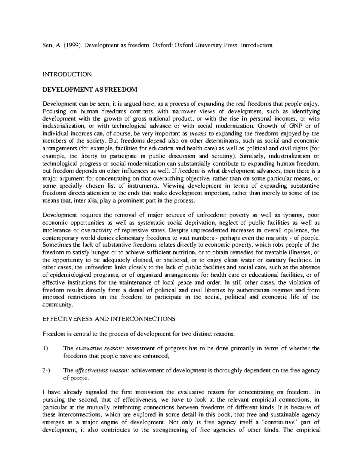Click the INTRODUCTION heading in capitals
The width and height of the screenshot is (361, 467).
tap(67, 74)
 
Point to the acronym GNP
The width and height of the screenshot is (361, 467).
tap(296, 126)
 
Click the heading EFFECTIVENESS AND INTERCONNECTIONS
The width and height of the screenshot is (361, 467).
tap(109, 319)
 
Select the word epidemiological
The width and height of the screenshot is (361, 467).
tap(69, 275)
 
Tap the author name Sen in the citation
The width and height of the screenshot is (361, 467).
tap(47, 45)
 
